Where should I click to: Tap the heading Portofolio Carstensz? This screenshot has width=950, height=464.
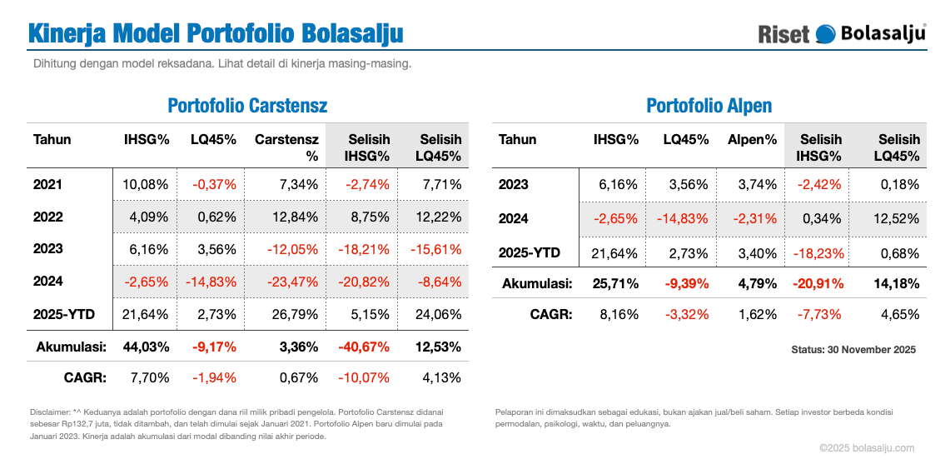pos(247,106)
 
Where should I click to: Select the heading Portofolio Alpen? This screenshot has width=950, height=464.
pos(709,106)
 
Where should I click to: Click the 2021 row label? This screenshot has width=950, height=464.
pos(47,184)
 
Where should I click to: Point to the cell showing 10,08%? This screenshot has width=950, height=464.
pos(147,184)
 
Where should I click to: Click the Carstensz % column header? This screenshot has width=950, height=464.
pos(286,147)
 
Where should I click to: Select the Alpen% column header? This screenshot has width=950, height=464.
pos(752,140)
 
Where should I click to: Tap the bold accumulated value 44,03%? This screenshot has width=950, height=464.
pos(147,347)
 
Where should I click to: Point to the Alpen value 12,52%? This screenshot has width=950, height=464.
pos(896,219)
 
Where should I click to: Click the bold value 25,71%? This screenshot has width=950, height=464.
pos(615,283)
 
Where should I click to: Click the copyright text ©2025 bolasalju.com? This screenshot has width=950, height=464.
pos(867,447)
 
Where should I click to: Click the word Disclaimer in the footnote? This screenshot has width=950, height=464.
pos(49,411)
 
